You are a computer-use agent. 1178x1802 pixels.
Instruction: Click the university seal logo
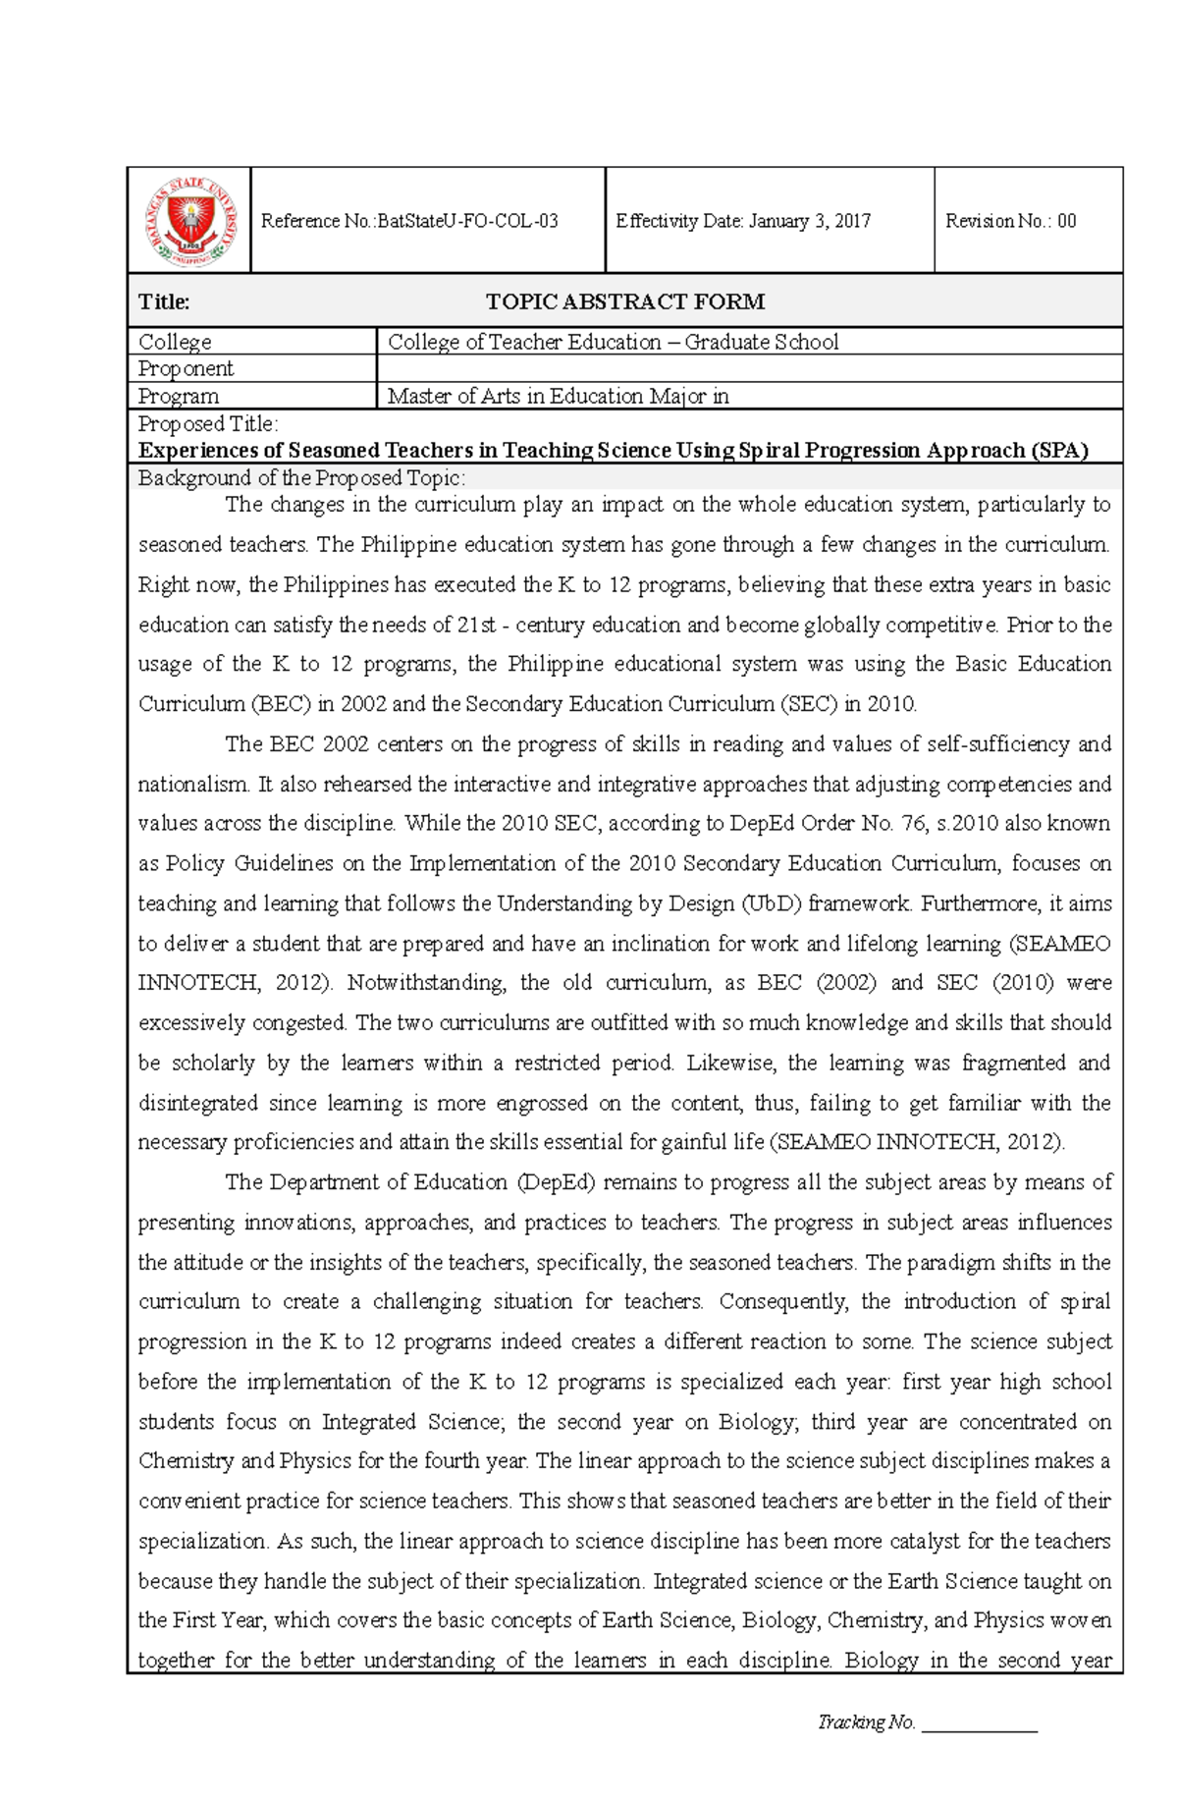point(189,221)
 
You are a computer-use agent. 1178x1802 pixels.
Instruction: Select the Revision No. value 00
point(1066,221)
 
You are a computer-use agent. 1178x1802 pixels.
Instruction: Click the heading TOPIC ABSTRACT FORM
point(625,301)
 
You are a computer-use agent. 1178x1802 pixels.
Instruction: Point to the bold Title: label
point(164,301)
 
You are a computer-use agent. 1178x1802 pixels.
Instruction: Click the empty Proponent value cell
point(748,368)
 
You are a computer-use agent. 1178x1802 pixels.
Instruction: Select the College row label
point(175,342)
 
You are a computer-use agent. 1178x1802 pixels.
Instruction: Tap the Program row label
point(178,396)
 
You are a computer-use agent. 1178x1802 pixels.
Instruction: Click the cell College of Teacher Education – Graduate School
point(613,342)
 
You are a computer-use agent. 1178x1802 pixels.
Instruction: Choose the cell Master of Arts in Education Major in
point(558,396)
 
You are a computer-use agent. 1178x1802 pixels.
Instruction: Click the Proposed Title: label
point(207,423)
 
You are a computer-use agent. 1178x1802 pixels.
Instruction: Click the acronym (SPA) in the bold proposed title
point(1059,451)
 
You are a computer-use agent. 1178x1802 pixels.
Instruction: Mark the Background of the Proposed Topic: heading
point(301,478)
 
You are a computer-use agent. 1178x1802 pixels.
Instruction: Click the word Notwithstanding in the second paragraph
point(427,983)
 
